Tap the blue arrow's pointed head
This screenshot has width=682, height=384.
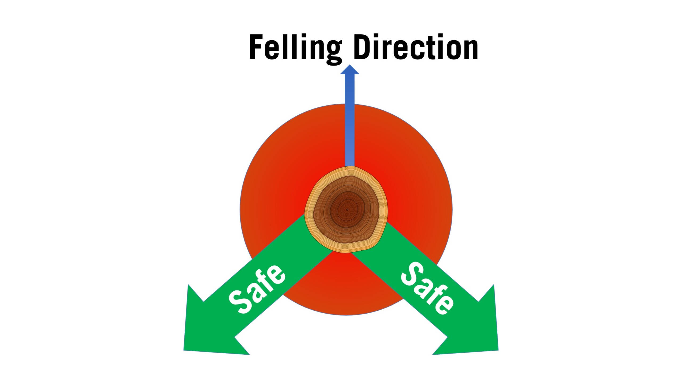coord(350,70)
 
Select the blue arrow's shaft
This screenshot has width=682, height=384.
coord(350,120)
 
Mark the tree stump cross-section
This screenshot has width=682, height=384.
coord(346,210)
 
